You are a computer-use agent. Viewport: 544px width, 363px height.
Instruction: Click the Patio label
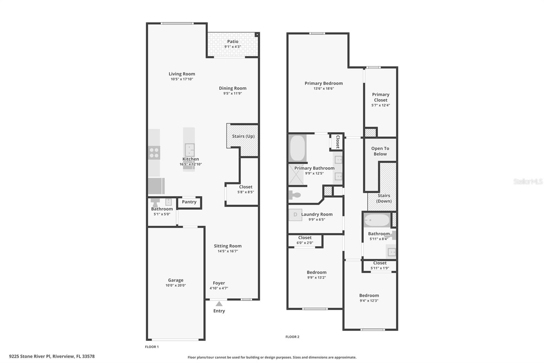[233, 42]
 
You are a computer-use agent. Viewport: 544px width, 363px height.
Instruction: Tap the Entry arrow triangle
[219, 304]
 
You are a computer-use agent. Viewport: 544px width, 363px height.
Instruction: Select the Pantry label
[189, 202]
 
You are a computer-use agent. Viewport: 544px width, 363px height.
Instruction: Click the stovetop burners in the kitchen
[154, 153]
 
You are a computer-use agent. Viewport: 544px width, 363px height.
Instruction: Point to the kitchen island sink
[189, 150]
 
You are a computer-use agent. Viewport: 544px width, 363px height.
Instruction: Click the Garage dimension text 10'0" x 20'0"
[175, 285]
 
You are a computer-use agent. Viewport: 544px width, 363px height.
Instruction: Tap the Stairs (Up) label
[243, 136]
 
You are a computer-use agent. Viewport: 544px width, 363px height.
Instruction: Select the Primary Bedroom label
[323, 83]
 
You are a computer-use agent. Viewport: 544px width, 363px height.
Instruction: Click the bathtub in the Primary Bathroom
[297, 148]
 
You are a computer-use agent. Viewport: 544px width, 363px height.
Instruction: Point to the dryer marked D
[295, 215]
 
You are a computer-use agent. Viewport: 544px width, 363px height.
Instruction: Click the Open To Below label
[380, 151]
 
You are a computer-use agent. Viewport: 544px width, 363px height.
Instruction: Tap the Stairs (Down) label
[384, 198]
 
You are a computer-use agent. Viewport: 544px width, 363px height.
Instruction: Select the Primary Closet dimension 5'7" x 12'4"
[380, 105]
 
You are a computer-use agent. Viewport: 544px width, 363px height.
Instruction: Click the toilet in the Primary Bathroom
[294, 195]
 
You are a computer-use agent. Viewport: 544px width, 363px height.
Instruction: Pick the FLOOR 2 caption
[292, 337]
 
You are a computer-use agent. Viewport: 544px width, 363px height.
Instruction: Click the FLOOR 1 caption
[152, 347]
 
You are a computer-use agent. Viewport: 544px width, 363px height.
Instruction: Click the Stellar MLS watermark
[528, 181]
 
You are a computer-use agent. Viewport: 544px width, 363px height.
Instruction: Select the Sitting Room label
[227, 246]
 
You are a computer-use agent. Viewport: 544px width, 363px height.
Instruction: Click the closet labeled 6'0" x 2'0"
[305, 240]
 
